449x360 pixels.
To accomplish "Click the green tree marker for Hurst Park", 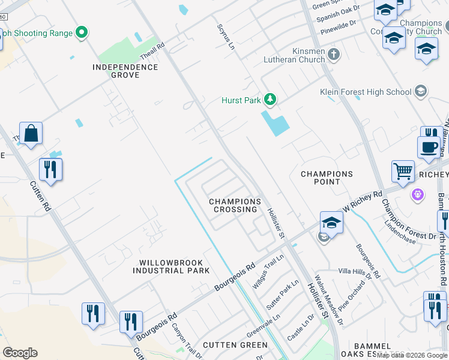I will click(270, 99).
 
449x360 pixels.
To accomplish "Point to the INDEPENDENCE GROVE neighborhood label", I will click(125, 71).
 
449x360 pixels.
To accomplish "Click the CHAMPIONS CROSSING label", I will click(235, 205).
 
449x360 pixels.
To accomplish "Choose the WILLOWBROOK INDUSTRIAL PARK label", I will click(171, 266).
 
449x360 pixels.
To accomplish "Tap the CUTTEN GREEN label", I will click(235, 345).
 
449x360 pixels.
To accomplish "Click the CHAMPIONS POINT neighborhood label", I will click(327, 178).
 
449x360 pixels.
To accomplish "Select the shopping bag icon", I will click(31, 134).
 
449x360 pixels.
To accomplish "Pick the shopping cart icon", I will click(403, 172).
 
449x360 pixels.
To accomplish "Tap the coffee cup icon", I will click(429, 148).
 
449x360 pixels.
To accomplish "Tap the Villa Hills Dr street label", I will click(355, 271).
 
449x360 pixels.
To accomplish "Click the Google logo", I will click(20, 353).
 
